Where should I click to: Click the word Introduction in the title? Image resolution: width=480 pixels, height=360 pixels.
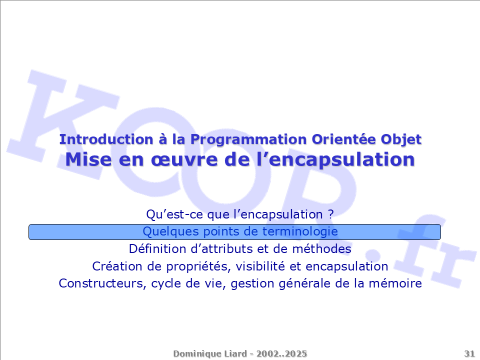[106, 139]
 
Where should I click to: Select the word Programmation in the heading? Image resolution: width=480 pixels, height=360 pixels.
[248, 140]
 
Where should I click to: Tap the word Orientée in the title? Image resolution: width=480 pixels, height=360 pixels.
[344, 139]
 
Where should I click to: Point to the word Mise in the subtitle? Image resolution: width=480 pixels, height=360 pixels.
[88, 159]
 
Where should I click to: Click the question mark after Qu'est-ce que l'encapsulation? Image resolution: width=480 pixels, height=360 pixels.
[330, 214]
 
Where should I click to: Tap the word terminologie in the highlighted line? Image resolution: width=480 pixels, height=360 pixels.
[300, 231]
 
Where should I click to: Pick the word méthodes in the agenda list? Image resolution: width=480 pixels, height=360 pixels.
[321, 248]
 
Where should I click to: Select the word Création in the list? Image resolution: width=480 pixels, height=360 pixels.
[117, 266]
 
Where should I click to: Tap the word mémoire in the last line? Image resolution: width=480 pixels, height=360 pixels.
[395, 283]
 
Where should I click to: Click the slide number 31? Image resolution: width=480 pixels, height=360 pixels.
[469, 353]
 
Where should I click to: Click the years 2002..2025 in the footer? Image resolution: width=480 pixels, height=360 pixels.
[281, 353]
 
